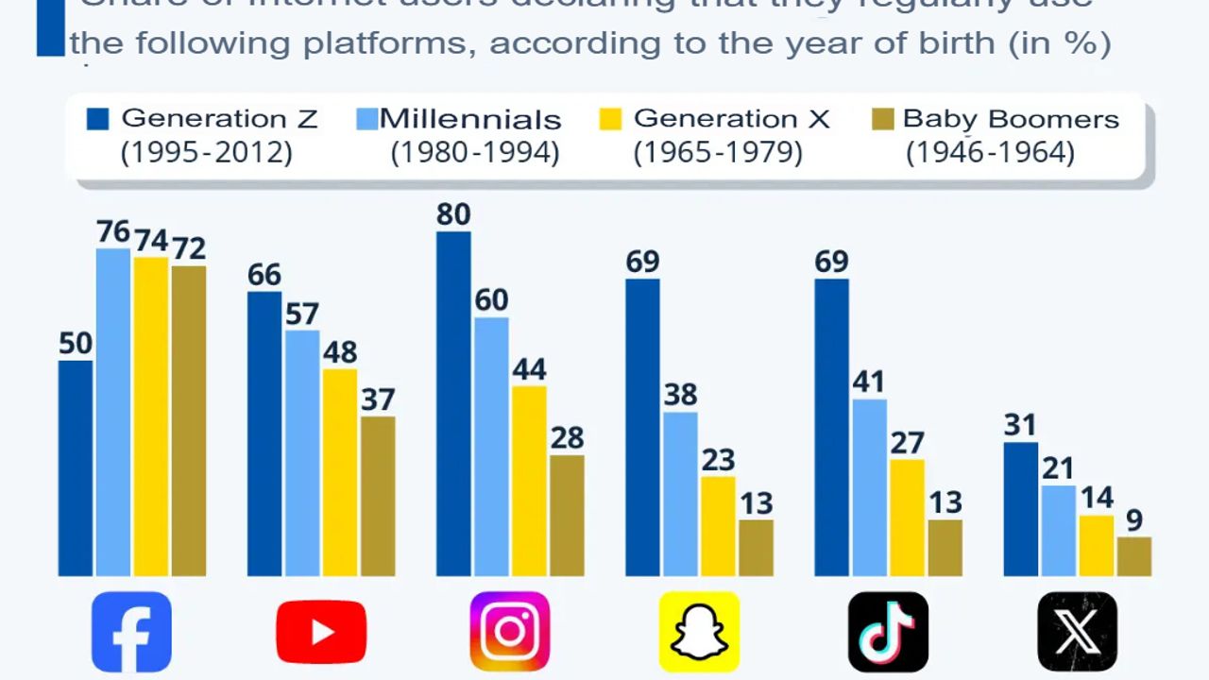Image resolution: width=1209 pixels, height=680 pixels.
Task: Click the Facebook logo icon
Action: [131, 631]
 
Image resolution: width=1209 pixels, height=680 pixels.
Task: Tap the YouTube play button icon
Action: [321, 631]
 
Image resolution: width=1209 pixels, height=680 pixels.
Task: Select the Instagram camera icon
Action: [510, 631]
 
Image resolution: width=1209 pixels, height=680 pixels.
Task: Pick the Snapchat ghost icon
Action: [699, 631]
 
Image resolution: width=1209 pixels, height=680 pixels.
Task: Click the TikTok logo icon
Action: [888, 631]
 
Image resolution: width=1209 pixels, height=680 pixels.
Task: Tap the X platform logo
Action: [1077, 631]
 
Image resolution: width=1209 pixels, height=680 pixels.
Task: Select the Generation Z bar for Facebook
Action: [76, 467]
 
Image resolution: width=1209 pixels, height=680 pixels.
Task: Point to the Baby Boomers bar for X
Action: [1133, 556]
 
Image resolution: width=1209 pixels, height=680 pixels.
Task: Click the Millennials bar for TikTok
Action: [869, 487]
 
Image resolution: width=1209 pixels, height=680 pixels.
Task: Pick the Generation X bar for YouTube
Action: [340, 472]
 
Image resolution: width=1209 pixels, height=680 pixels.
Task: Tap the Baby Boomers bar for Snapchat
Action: [756, 548]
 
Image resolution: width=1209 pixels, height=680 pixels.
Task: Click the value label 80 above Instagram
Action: [453, 215]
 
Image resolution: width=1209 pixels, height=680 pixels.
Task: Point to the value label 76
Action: [113, 232]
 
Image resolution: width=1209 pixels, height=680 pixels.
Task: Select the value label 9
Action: [1133, 520]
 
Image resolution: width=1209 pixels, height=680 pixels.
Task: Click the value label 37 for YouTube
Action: [378, 399]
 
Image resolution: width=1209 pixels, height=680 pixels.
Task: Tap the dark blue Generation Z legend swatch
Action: [98, 119]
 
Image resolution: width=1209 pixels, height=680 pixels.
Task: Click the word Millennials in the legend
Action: [470, 120]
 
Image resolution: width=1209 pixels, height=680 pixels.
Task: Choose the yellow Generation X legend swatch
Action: [611, 119]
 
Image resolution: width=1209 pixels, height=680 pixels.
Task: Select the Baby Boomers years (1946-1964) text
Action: [990, 151]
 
